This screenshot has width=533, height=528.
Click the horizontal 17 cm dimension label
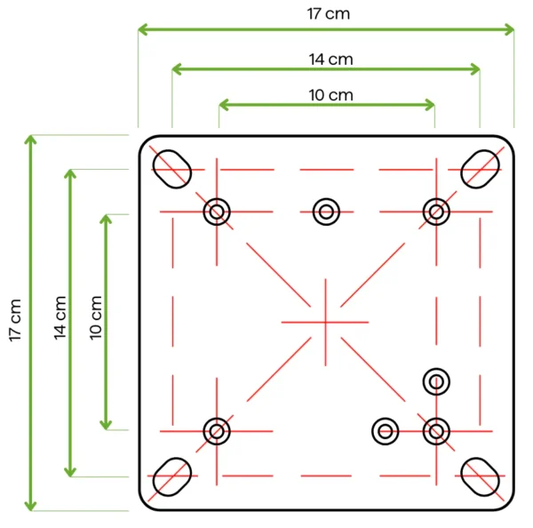pyautogui.click(x=327, y=13)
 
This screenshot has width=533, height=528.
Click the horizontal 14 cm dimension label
pyautogui.click(x=327, y=59)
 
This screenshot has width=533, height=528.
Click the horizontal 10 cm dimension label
pyautogui.click(x=327, y=94)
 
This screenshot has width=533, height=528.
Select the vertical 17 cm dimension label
pyautogui.click(x=14, y=322)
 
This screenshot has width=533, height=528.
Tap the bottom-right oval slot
pyautogui.click(x=481, y=476)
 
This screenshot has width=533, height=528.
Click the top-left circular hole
pyautogui.click(x=217, y=212)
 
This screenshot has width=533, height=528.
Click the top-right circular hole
pyautogui.click(x=435, y=212)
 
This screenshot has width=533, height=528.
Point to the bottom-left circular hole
pyautogui.click(x=216, y=431)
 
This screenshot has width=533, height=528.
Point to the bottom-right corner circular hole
pyautogui.click(x=435, y=431)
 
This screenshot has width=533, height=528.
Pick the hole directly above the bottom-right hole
pyautogui.click(x=435, y=381)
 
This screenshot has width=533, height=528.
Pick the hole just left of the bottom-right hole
pyautogui.click(x=385, y=431)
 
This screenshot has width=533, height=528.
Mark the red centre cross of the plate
pyautogui.click(x=325, y=321)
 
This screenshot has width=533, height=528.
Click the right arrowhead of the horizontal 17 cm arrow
pyautogui.click(x=509, y=29)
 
